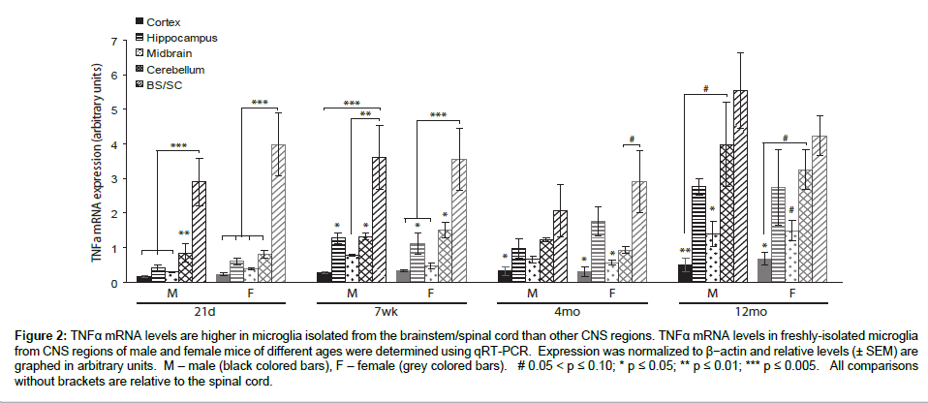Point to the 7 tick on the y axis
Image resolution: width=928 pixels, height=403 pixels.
click(x=116, y=41)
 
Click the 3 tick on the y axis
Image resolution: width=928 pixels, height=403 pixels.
click(x=116, y=179)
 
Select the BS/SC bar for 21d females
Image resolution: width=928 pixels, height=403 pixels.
click(x=278, y=213)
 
